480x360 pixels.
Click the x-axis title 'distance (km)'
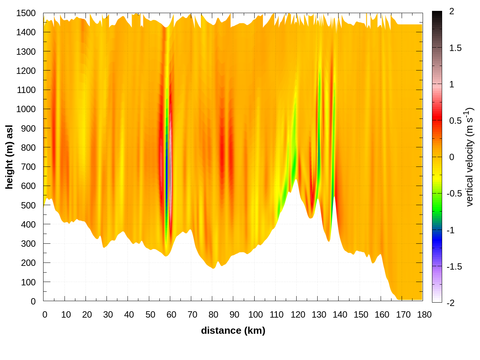[x=233, y=330]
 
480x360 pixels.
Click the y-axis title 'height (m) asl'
[x=9, y=157]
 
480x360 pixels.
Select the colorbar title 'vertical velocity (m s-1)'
[x=469, y=157]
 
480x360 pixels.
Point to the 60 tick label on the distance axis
[x=171, y=315]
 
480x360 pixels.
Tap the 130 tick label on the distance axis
[x=319, y=315]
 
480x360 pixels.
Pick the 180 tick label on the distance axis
[x=424, y=315]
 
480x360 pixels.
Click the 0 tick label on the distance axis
[x=45, y=315]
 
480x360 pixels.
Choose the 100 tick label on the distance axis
[x=255, y=315]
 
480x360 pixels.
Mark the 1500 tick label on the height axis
[x=26, y=13]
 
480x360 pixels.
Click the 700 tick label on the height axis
[x=28, y=166]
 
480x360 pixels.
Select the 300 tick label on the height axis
[x=28, y=243]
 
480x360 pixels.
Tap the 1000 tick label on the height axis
[x=26, y=109]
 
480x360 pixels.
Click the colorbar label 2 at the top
[x=451, y=11]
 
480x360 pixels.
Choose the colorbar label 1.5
[x=455, y=48]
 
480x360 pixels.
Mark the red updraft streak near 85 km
[x=222, y=150]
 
